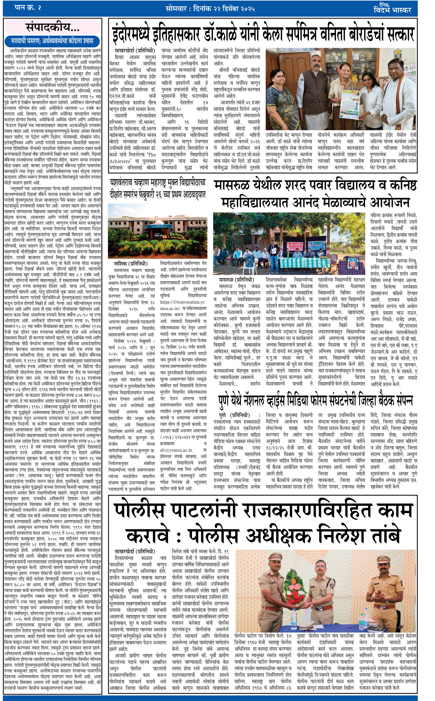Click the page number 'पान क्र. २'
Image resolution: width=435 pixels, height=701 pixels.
(28, 8)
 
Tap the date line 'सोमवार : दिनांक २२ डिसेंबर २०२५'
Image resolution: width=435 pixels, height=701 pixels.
(210, 9)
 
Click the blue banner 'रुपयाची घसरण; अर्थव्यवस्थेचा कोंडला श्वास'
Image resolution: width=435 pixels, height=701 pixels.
(52, 41)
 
